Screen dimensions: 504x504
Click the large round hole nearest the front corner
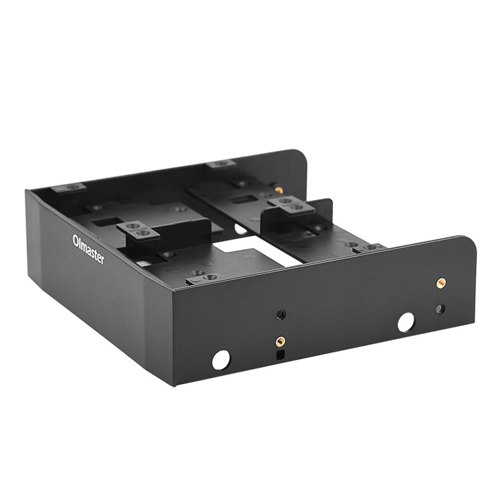221,359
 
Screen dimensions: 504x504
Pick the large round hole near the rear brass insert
405,322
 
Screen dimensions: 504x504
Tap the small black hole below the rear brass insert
441,308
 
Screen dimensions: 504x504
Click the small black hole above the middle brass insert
281,315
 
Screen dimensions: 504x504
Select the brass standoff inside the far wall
278,190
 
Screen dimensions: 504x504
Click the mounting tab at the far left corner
69,187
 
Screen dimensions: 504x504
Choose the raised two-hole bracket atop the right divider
291,204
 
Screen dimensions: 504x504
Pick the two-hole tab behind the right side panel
370,247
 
